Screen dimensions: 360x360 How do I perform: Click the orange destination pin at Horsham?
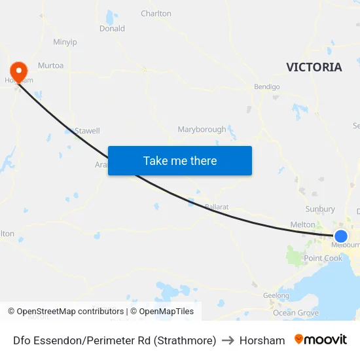click(18, 71)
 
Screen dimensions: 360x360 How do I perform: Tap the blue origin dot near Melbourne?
click(341, 236)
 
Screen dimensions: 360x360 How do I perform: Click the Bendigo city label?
click(267, 86)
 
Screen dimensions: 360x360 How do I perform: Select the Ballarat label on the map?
click(217, 207)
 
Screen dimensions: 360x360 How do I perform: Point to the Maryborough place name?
click(202, 130)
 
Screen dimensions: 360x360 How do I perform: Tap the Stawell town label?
click(87, 130)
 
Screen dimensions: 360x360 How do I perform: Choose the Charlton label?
click(156, 13)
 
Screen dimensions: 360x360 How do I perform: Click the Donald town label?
click(112, 29)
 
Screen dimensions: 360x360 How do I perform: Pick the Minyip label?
click(65, 42)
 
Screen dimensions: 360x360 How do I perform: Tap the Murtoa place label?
click(50, 65)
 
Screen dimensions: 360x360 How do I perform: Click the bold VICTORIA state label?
click(314, 67)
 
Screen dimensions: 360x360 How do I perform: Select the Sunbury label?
click(320, 209)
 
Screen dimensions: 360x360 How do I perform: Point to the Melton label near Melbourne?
click(302, 225)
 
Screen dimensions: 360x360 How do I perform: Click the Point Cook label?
click(323, 258)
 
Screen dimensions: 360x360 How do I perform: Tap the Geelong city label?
click(276, 295)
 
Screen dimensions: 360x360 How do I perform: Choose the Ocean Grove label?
click(295, 313)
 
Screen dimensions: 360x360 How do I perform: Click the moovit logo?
click(320, 340)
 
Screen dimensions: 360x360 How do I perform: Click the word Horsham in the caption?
click(262, 340)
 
